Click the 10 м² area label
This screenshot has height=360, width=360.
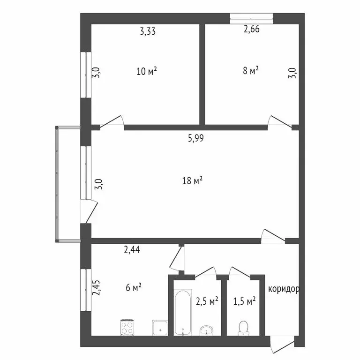[x=146, y=71]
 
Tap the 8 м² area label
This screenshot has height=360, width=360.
[x=251, y=71]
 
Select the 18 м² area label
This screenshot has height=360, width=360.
[x=193, y=180]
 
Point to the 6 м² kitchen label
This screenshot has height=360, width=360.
[x=134, y=287]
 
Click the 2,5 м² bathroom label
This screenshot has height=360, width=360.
[x=207, y=301]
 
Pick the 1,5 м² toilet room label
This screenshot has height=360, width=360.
[x=244, y=301]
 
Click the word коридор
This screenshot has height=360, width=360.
[x=284, y=289]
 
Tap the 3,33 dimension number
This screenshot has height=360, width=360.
[x=148, y=32]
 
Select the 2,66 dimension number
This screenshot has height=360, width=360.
[x=251, y=29]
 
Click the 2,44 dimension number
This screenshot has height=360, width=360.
[x=132, y=250]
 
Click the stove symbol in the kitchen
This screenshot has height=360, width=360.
[x=128, y=326]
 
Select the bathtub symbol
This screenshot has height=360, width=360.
[x=182, y=313]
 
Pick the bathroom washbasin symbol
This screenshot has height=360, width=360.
[x=206, y=330]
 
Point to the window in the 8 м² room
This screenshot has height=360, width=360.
[x=251, y=19]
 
